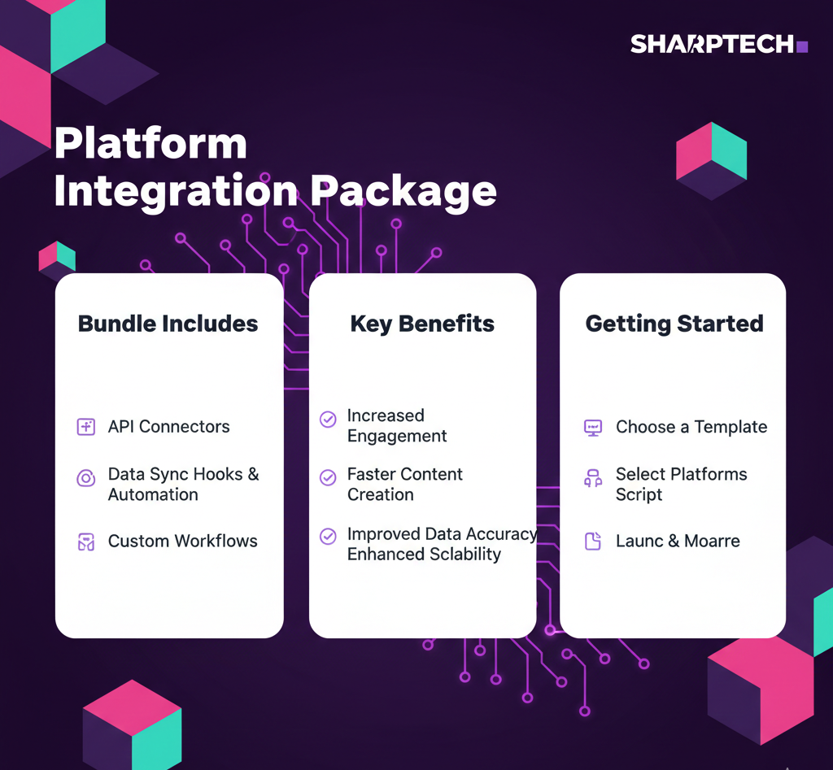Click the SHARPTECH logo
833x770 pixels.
[x=719, y=44]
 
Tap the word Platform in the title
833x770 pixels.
[x=150, y=143]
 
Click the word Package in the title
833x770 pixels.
[x=403, y=191]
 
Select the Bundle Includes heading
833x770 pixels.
[x=168, y=324]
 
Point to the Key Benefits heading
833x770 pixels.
[x=422, y=324]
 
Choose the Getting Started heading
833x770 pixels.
[x=674, y=324]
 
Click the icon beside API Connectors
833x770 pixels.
[x=86, y=426]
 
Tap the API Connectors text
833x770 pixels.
[x=169, y=426]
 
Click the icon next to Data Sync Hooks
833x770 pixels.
[x=86, y=478]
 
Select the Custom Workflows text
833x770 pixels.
[x=183, y=541]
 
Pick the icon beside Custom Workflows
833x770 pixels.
[x=86, y=542]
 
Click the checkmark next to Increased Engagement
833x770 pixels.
[x=328, y=419]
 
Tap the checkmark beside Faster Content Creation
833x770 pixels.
[x=328, y=477]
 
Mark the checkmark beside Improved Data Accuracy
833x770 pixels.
[x=328, y=537]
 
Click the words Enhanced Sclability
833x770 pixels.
[x=424, y=554]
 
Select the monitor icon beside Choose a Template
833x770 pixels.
[x=593, y=428]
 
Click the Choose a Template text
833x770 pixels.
[x=691, y=427]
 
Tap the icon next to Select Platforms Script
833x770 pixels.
[x=593, y=478]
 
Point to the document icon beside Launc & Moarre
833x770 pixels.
[x=593, y=542]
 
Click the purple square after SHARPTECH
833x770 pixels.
[x=803, y=46]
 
